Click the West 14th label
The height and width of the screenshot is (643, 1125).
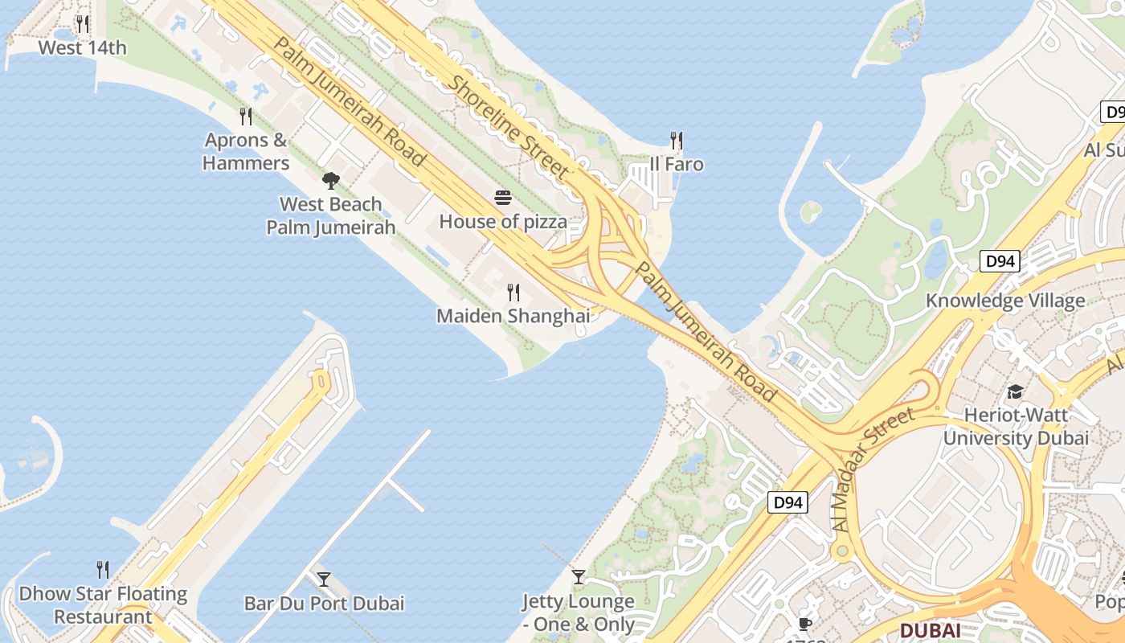pos(82,47)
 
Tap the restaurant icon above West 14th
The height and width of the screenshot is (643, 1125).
pos(82,24)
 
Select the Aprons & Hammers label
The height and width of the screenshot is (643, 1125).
pos(246,151)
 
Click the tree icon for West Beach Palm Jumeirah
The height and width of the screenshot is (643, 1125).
pos(330,181)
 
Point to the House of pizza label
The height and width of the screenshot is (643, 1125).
pos(503,222)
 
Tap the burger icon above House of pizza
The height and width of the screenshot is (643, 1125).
pos(503,198)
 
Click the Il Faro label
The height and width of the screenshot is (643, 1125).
pos(677,165)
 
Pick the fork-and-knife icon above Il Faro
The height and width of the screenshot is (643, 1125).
pos(677,141)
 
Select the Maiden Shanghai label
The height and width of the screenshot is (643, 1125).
pos(513,316)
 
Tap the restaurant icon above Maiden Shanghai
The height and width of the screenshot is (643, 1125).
pos(513,293)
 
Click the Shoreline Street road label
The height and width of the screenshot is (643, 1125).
pos(509,127)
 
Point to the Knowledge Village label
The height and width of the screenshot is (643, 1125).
pos(1005,301)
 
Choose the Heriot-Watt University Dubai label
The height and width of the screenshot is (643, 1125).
pos(1016,427)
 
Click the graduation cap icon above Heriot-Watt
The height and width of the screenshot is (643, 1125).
pos(1016,392)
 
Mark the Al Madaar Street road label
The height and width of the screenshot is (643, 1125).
pos(873,469)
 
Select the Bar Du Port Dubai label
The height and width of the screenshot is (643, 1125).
pos(324,603)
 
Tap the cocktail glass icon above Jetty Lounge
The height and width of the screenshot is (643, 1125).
pos(579,576)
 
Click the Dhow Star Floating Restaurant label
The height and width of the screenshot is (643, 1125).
pos(103,605)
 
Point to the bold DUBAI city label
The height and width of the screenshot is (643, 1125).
pos(930,630)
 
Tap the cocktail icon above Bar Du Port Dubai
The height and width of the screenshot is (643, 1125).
pos(324,579)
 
